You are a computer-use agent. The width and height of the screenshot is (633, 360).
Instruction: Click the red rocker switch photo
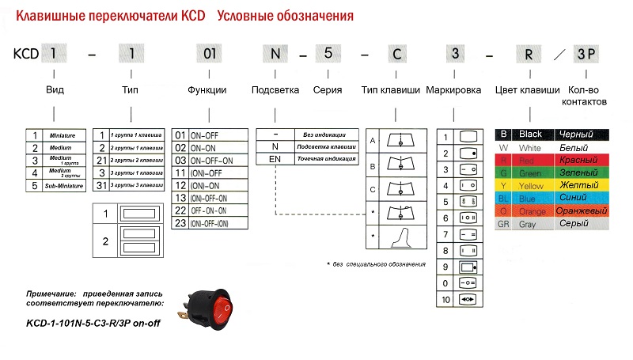click(213, 307)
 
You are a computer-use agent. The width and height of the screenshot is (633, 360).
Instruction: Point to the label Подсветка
click(275, 90)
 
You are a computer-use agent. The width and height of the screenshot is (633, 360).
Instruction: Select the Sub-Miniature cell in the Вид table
click(66, 186)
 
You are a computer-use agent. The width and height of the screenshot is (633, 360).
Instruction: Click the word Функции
click(207, 90)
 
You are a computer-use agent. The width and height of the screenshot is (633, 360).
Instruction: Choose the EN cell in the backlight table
click(275, 159)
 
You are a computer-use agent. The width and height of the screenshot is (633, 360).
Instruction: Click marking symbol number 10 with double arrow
click(467, 299)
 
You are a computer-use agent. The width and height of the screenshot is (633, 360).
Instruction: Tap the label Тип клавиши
click(390, 90)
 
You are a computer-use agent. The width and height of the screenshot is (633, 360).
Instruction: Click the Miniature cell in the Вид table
click(66, 135)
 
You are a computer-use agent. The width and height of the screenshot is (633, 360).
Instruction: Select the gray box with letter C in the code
click(396, 55)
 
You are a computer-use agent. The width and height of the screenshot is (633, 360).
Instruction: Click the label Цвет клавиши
click(526, 90)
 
